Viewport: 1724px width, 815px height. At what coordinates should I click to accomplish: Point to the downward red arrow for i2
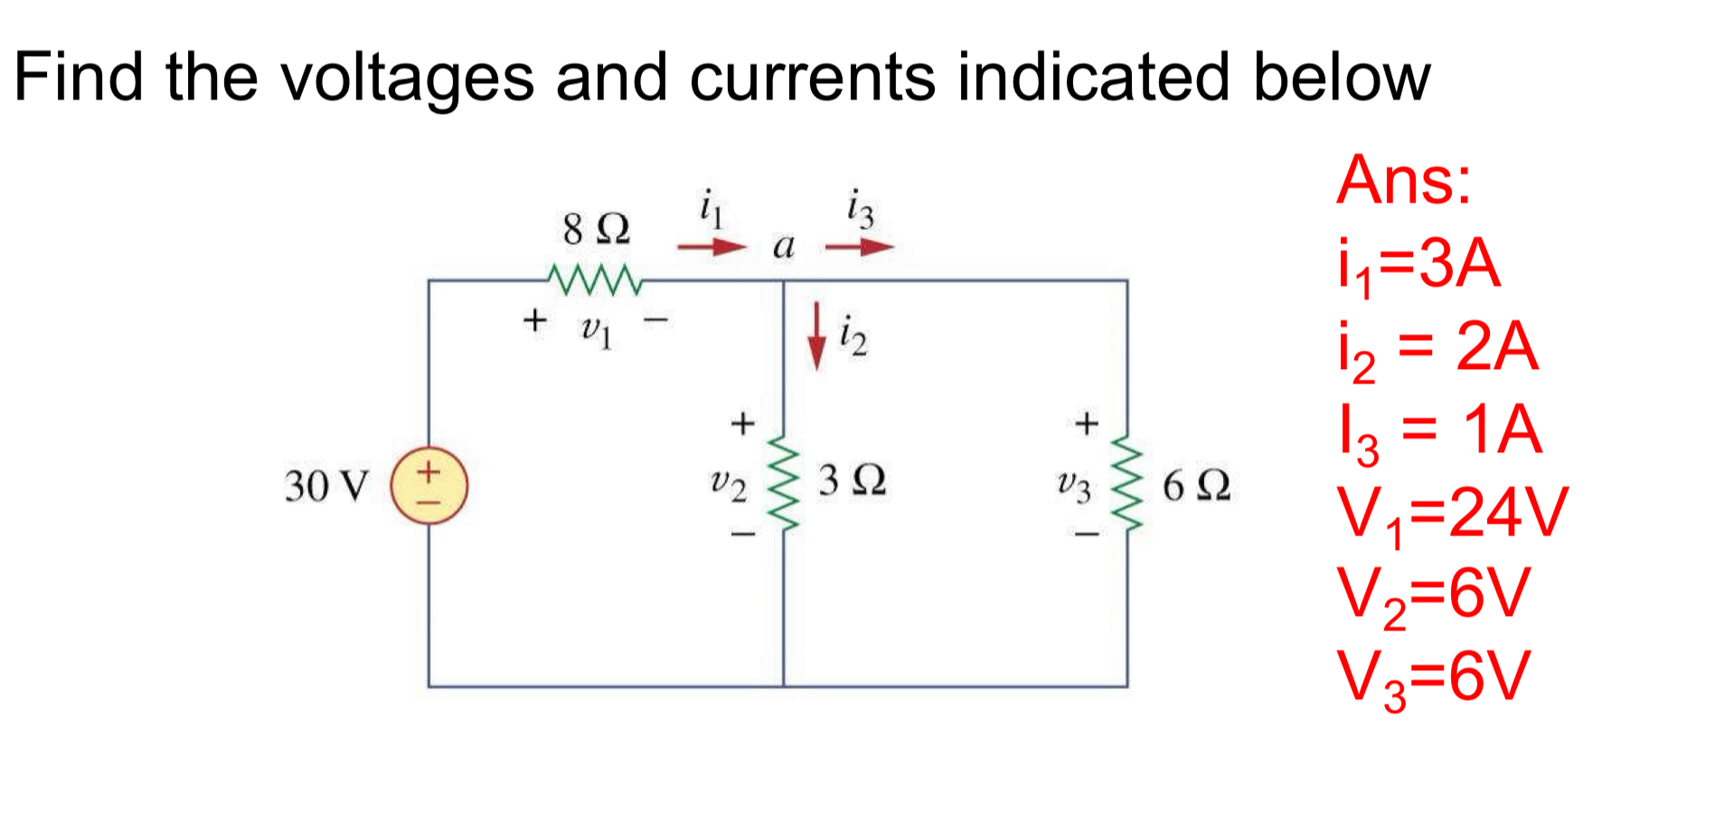(x=816, y=336)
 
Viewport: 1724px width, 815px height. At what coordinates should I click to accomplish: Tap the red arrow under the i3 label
(x=859, y=246)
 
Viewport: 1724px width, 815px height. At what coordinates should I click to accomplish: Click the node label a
(x=783, y=245)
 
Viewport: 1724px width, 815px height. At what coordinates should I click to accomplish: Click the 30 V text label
(x=326, y=486)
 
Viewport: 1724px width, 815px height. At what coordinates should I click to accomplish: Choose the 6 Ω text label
(x=1195, y=486)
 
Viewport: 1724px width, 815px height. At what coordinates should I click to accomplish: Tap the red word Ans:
(x=1403, y=180)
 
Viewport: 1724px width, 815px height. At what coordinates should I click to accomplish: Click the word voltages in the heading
(x=407, y=78)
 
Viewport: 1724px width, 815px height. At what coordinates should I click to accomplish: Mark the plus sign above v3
(x=1086, y=422)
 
